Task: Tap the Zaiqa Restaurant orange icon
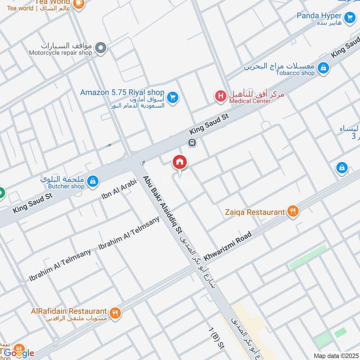point(293,211)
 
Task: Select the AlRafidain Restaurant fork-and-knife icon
point(115,312)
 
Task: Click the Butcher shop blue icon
point(93,181)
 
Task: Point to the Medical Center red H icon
point(220,96)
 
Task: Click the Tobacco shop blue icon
point(322,68)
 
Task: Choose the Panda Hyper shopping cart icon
point(350,18)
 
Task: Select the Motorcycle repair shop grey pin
point(102,48)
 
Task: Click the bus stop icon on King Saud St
point(192,143)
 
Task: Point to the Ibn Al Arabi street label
point(116,189)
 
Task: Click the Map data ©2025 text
point(335,355)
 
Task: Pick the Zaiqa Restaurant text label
point(255,211)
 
